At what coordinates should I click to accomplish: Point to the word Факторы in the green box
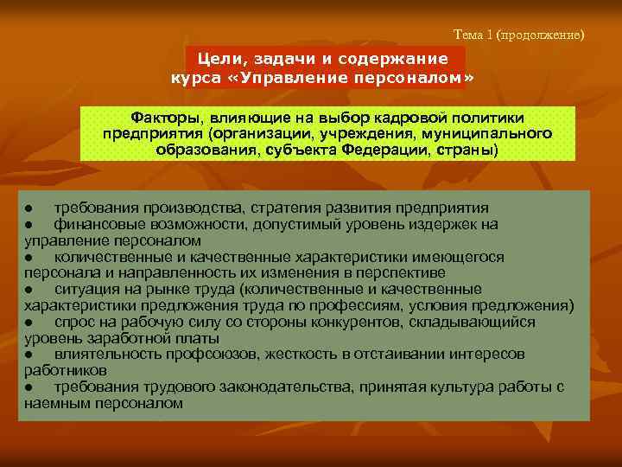click(165, 118)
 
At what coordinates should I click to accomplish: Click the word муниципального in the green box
click(492, 133)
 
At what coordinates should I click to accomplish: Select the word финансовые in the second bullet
click(94, 225)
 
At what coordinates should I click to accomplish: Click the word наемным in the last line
click(55, 403)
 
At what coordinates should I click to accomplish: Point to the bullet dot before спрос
click(29, 323)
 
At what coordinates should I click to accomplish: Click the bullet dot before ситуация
click(29, 290)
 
